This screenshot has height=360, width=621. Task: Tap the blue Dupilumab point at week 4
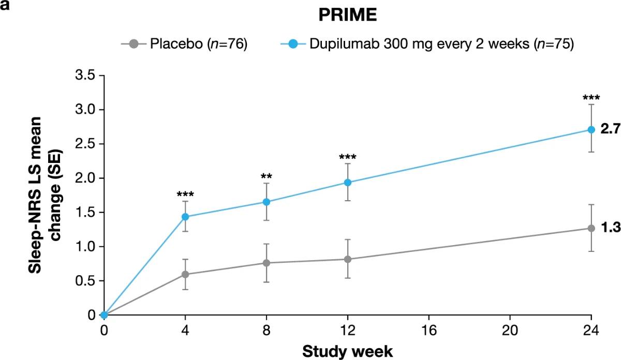[x=185, y=217]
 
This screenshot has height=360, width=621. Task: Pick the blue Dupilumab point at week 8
[x=267, y=202]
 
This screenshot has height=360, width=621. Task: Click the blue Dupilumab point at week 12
[x=348, y=182]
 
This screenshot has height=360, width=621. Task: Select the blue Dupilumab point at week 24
[x=592, y=129]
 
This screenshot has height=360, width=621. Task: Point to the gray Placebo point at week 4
[x=185, y=274]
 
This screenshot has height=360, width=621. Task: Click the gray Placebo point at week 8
[x=267, y=263]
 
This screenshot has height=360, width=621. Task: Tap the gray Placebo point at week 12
[x=348, y=259]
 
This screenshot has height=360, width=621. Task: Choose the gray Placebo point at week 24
[x=592, y=228]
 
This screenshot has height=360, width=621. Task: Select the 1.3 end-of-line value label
[x=610, y=228]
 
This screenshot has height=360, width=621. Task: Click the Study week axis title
[x=347, y=351]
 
